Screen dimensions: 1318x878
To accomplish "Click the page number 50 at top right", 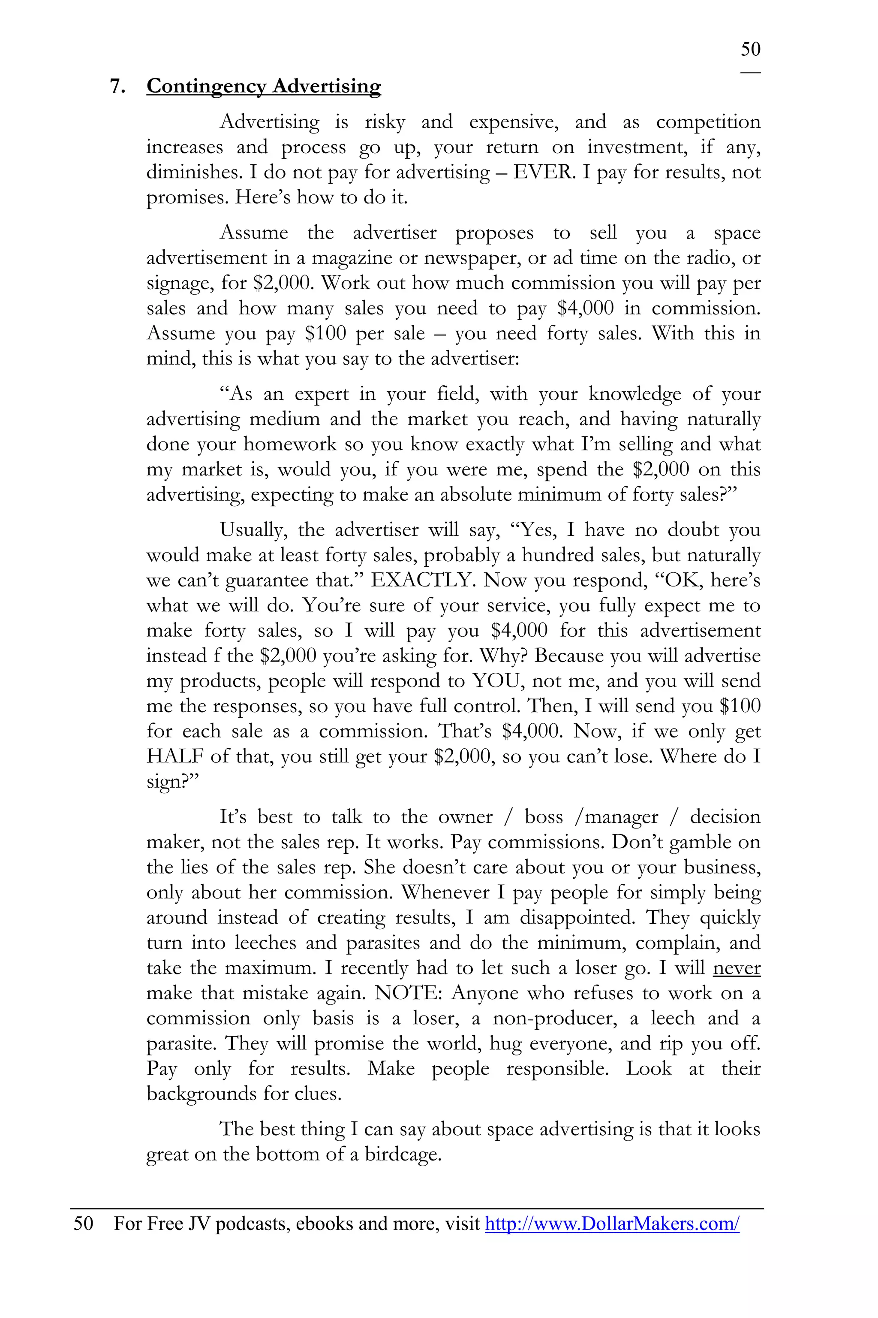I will point(750,49).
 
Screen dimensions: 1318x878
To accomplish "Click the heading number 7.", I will point(117,86).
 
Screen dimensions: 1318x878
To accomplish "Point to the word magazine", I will point(352,258).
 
